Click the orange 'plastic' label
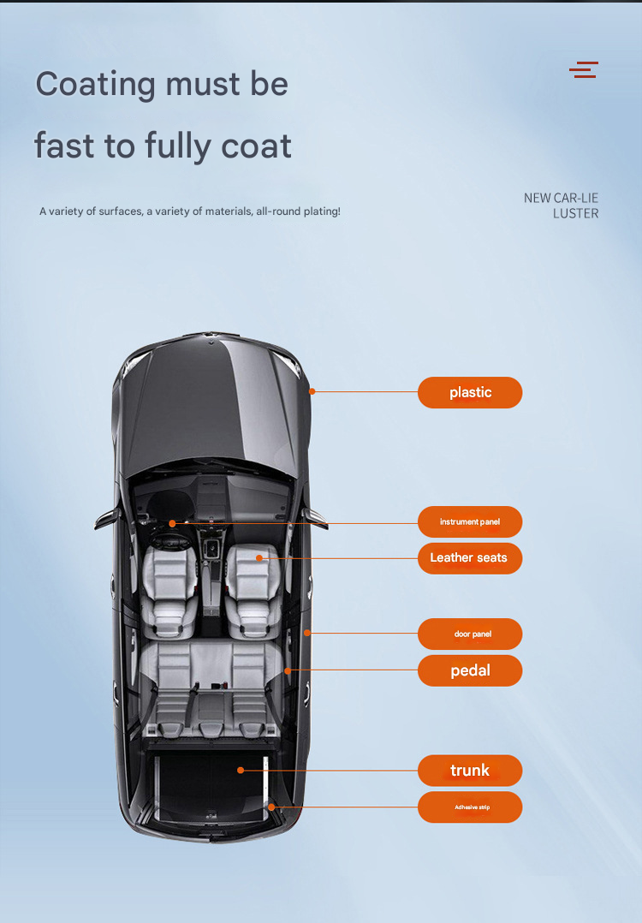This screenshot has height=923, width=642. (x=470, y=393)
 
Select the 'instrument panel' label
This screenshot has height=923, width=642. (x=470, y=522)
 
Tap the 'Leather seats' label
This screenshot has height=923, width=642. (x=470, y=558)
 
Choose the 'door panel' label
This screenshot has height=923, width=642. (x=470, y=634)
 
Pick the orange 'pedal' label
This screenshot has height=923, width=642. (x=470, y=670)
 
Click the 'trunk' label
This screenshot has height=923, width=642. (x=470, y=771)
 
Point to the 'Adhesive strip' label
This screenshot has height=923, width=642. (x=470, y=807)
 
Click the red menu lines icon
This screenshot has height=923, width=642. (x=584, y=69)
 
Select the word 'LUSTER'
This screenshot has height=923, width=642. (x=575, y=214)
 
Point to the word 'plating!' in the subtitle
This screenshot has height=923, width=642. (x=322, y=211)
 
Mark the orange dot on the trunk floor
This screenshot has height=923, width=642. (x=240, y=770)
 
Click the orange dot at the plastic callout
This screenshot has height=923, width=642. (x=312, y=391)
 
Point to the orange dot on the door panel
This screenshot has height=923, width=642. (x=306, y=633)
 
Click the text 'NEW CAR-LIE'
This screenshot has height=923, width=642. (x=561, y=199)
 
